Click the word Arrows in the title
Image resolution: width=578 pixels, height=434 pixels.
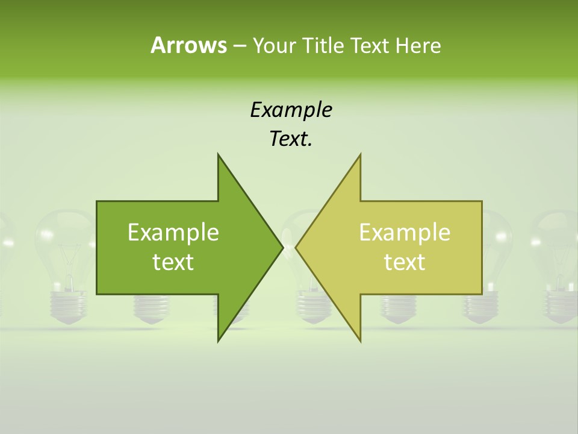[x=188, y=45]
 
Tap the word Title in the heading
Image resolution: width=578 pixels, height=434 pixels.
[x=323, y=45]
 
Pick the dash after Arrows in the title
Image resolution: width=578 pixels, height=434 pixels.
[x=238, y=46]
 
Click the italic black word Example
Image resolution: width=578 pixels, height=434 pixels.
[x=291, y=110]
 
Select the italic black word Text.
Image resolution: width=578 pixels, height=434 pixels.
[x=291, y=139]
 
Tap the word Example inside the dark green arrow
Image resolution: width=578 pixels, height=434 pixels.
[x=173, y=232]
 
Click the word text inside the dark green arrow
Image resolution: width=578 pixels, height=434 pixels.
[x=173, y=262]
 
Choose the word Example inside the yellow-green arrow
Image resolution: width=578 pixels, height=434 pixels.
[x=405, y=232]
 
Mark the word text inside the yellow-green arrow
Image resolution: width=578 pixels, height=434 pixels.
[x=405, y=262]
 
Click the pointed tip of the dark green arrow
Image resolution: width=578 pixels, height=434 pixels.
[x=282, y=247]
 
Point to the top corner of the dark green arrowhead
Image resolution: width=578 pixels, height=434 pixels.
[x=219, y=154]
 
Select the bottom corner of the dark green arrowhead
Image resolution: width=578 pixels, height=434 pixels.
[x=219, y=341]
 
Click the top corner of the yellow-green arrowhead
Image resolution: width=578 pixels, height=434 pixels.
[x=360, y=154]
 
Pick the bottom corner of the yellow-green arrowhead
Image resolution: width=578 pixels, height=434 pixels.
[x=360, y=341]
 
